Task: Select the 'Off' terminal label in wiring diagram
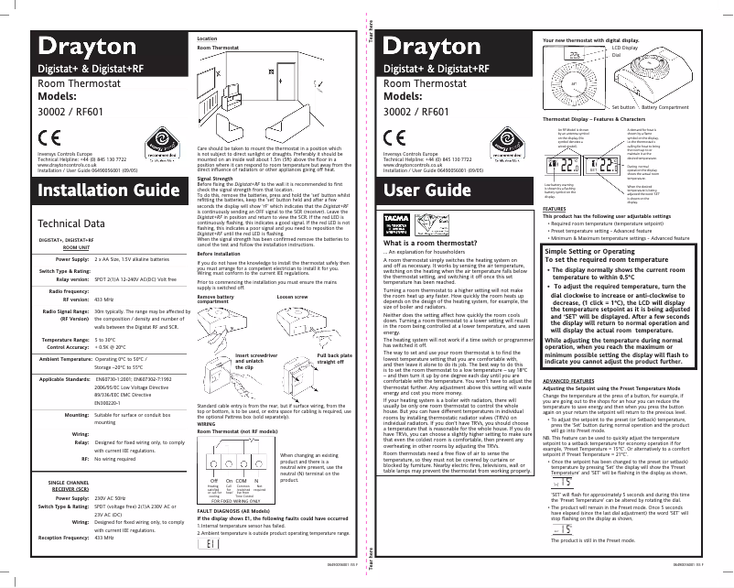pos(213,481)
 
